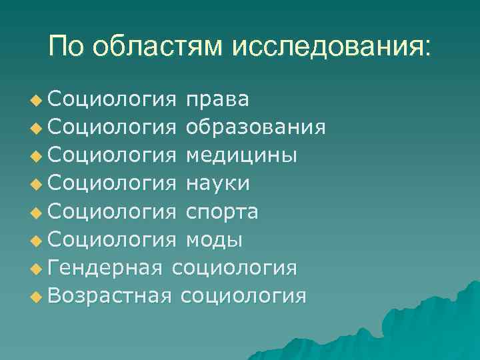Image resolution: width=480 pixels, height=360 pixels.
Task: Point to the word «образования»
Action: tap(256, 127)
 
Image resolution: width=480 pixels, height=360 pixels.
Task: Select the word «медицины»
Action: tap(241, 155)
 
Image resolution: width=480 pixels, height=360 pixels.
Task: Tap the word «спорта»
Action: tap(223, 211)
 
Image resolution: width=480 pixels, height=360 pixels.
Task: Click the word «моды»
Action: tap(214, 239)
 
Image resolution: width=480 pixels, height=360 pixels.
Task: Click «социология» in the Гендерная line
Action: tap(235, 267)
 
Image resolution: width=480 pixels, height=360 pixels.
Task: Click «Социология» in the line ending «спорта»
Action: tap(112, 211)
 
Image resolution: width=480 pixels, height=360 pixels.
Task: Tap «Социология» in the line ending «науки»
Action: tap(112, 183)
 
